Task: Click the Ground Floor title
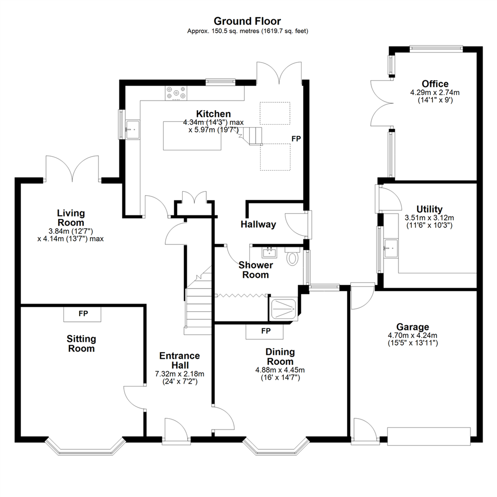[x=247, y=21]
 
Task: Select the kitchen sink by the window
[x=132, y=129]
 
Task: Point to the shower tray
[x=283, y=309]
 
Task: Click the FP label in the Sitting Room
[x=83, y=314]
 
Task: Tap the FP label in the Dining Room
[x=266, y=331]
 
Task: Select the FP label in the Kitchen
[x=295, y=138]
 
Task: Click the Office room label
[x=435, y=84]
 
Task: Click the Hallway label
[x=258, y=225]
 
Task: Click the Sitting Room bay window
[x=86, y=448]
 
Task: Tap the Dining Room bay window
[x=275, y=448]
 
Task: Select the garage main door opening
[x=429, y=436]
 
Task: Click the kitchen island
[x=192, y=136]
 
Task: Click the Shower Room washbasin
[x=269, y=252]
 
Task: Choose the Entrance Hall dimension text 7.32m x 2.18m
[x=179, y=374]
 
